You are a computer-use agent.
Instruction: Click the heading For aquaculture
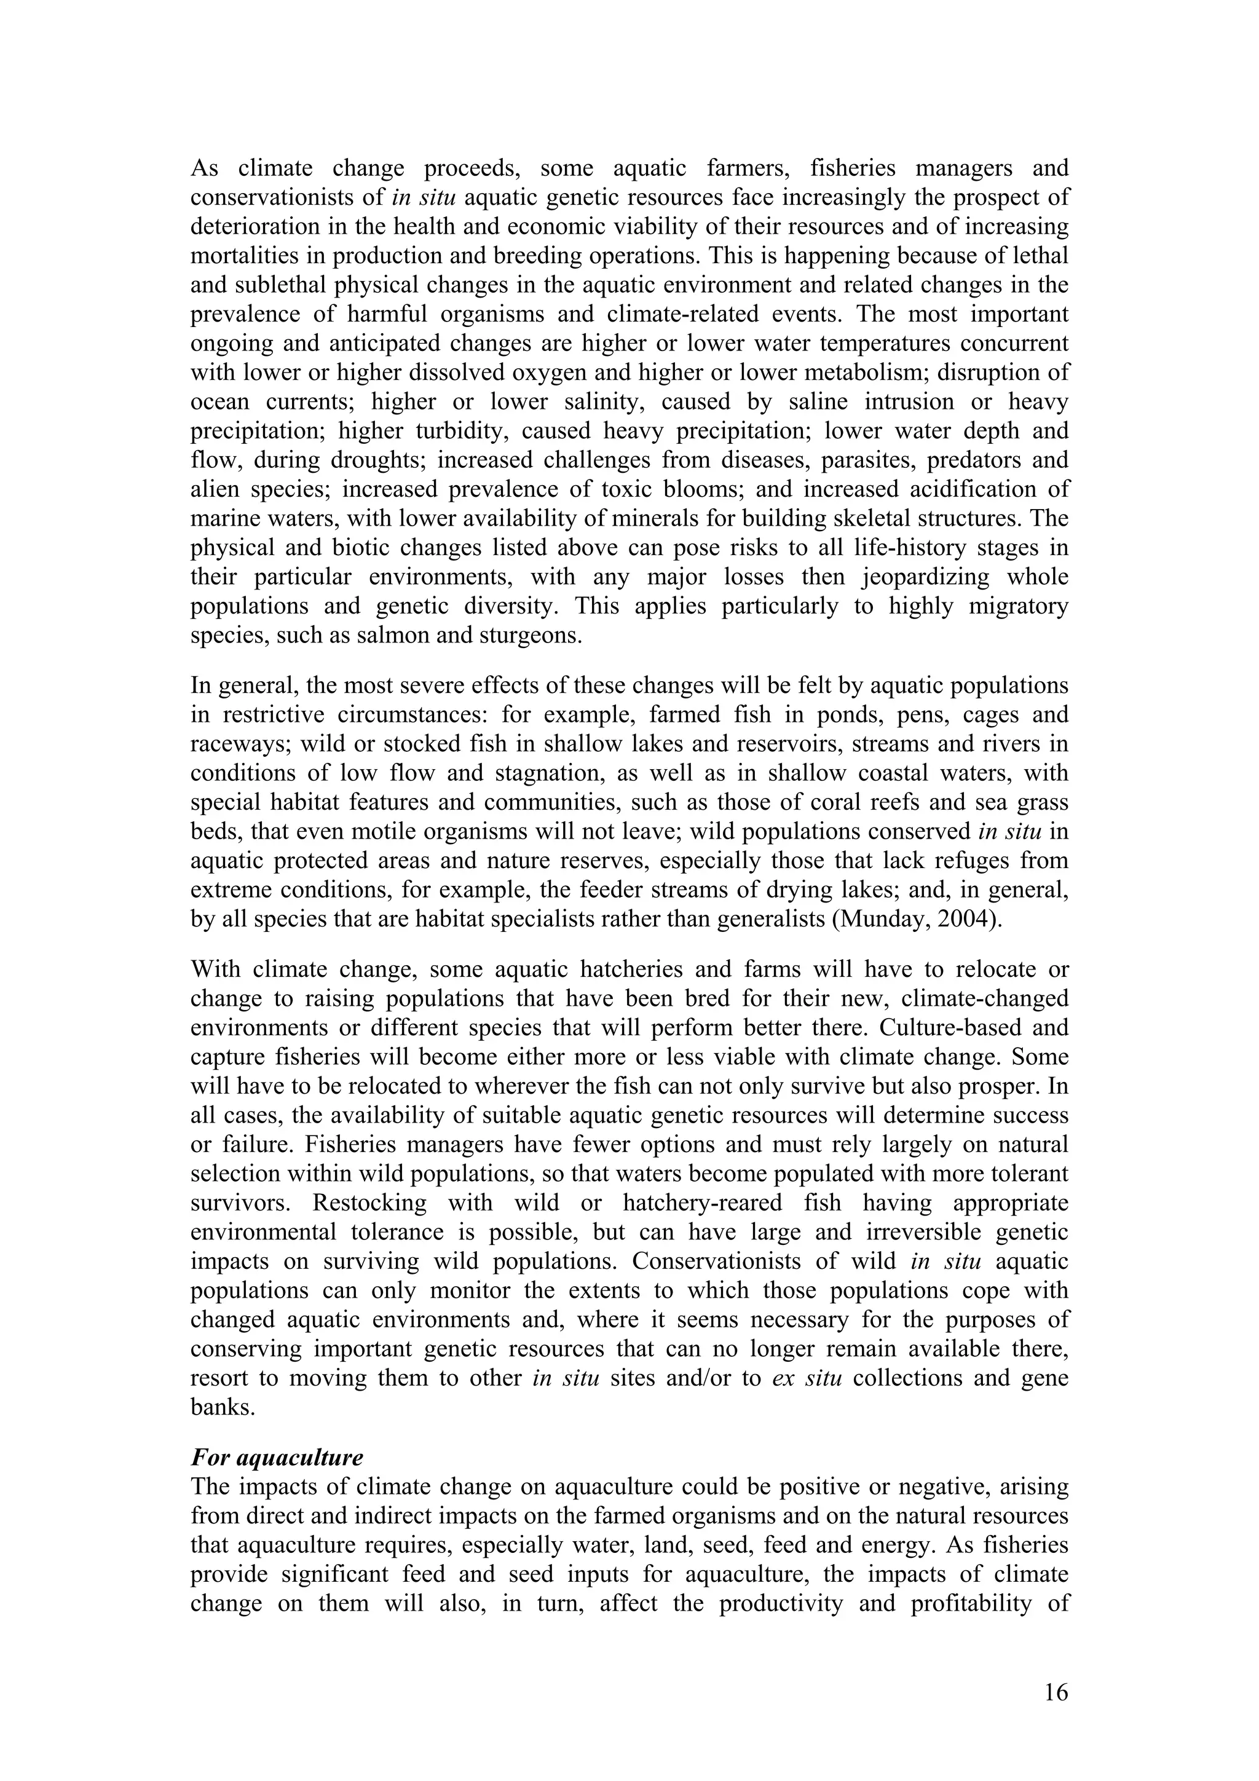click(x=277, y=1458)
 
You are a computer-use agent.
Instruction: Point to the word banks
click(x=222, y=1408)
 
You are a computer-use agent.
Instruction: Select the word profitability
click(x=975, y=1603)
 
